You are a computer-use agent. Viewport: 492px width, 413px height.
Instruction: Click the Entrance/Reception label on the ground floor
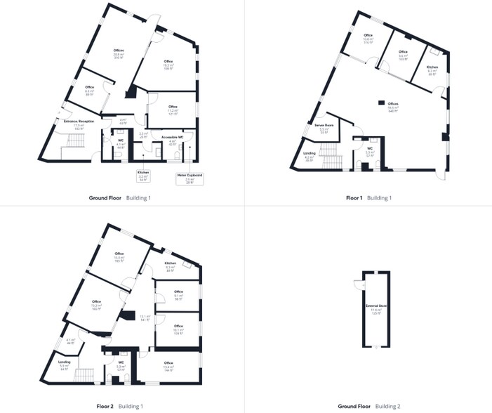tap(79, 124)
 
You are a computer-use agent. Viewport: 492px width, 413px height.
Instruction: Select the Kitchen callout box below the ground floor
tap(142, 177)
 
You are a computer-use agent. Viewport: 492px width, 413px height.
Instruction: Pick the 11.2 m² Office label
tap(173, 109)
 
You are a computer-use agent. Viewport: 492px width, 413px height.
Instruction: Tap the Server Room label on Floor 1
tap(324, 127)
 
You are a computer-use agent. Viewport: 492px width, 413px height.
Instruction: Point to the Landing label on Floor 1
tap(310, 156)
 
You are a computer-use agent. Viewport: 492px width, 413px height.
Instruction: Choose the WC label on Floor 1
tap(369, 150)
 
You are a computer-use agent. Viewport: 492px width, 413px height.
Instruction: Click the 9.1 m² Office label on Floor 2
tap(178, 294)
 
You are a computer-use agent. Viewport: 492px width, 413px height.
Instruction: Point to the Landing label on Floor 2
tap(65, 365)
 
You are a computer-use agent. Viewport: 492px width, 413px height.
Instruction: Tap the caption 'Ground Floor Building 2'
tap(368, 406)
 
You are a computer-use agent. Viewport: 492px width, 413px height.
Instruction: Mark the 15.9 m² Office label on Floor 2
tap(119, 256)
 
